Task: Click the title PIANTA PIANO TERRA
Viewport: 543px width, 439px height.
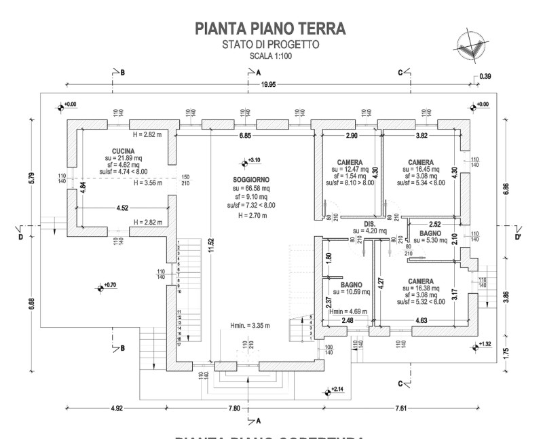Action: [269, 28]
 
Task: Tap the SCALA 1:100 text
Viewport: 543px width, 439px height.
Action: [270, 56]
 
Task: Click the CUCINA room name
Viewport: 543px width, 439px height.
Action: [124, 151]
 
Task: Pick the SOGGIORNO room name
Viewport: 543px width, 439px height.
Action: [250, 179]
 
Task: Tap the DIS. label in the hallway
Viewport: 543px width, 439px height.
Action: [370, 223]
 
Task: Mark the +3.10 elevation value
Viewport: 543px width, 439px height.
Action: [255, 160]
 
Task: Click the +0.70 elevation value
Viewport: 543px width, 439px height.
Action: [110, 285]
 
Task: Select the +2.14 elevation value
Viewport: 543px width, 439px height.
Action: [337, 389]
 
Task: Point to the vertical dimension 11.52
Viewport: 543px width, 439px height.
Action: [211, 240]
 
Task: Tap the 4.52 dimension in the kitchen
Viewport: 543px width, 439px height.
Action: [123, 208]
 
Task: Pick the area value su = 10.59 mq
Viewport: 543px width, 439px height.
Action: [350, 293]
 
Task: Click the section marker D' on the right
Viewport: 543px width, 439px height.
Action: [517, 237]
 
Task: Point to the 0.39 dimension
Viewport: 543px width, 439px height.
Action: [485, 76]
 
